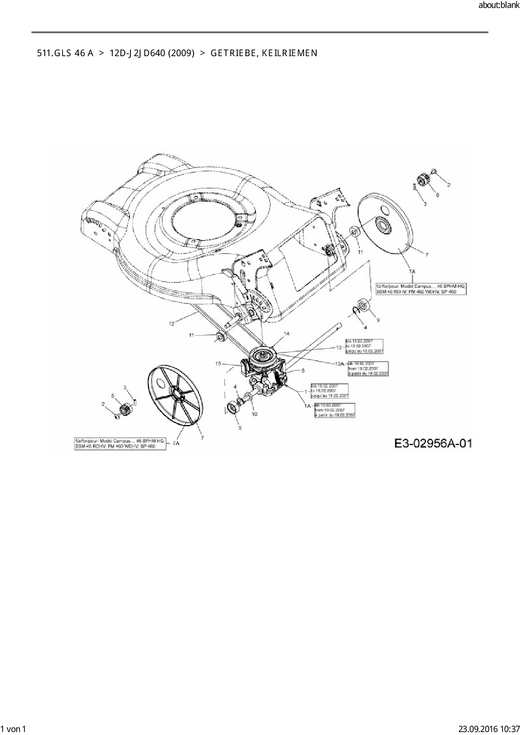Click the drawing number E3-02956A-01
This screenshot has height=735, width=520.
point(433,443)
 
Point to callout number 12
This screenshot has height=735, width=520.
point(172,323)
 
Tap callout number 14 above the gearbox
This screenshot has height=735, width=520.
point(287,334)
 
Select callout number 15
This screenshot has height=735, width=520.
point(218,364)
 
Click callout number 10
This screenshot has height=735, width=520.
point(255,414)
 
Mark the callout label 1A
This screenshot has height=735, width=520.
point(307,406)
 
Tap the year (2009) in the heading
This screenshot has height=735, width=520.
point(181,53)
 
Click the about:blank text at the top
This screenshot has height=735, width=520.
point(499,5)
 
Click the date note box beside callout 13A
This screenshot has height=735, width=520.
point(368,368)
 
